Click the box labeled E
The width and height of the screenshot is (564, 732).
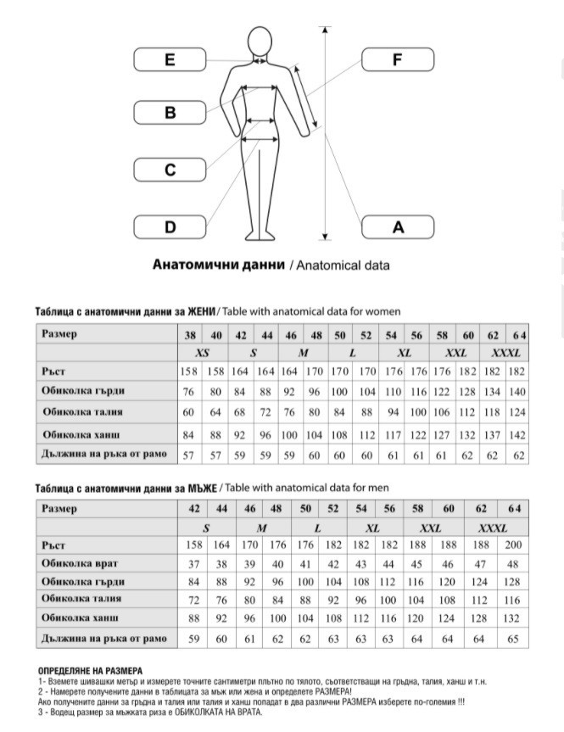point(170,59)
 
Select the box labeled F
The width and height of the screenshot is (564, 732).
point(397,59)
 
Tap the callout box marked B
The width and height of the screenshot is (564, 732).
point(170,112)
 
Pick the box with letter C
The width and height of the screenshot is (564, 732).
point(170,170)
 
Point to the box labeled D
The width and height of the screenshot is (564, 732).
point(170,226)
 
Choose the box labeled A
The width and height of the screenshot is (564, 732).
point(397,226)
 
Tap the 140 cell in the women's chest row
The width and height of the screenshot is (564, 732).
point(517,392)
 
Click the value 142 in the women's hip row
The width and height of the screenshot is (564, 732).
point(517,434)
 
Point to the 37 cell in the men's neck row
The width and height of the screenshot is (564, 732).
point(194,563)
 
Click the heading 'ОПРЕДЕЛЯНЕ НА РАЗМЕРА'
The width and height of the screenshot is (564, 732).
point(91,670)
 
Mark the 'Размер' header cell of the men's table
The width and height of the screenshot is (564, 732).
point(60,509)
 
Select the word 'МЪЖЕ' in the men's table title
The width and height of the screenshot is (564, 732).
point(202,488)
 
